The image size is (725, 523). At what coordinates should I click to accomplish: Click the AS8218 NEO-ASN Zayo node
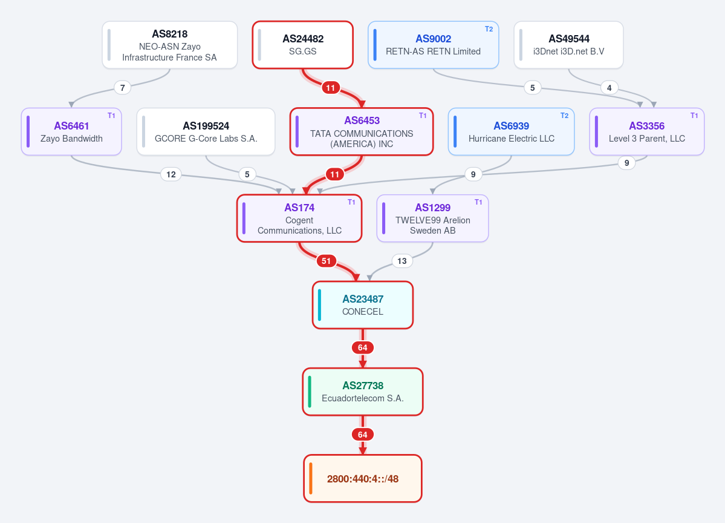[x=170, y=45]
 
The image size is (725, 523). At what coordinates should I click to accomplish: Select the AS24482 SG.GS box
[x=303, y=45]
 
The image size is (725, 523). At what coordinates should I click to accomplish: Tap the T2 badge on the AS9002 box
[x=489, y=29]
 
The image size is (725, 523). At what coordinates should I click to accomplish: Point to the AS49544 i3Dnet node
[x=569, y=45]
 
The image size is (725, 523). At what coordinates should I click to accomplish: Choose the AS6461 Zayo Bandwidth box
[x=71, y=132]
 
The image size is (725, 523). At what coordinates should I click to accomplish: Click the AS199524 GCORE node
[x=206, y=132]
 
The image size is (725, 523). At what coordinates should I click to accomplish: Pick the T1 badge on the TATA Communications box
[x=423, y=116]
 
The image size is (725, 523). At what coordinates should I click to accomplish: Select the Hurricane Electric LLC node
[x=512, y=132]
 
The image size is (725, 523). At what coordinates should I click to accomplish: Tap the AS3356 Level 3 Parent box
[x=647, y=132]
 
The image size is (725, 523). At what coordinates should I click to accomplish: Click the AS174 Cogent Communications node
[x=299, y=219]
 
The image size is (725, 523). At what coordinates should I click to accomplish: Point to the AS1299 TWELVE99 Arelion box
[x=433, y=219]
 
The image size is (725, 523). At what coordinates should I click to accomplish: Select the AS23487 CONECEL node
[x=363, y=305]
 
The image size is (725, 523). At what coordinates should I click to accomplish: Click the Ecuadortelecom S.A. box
[x=363, y=392]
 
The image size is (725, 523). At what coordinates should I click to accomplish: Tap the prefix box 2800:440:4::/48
[x=363, y=479]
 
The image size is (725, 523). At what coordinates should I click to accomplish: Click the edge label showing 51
[x=326, y=261]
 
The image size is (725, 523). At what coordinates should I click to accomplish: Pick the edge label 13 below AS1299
[x=402, y=261]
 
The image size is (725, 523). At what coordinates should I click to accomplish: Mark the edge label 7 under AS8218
[x=123, y=88]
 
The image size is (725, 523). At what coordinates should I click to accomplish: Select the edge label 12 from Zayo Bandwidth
[x=171, y=174]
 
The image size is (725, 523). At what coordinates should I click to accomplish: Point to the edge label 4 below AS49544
[x=610, y=88]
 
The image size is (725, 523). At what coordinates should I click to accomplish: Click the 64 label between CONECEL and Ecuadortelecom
[x=363, y=347]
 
